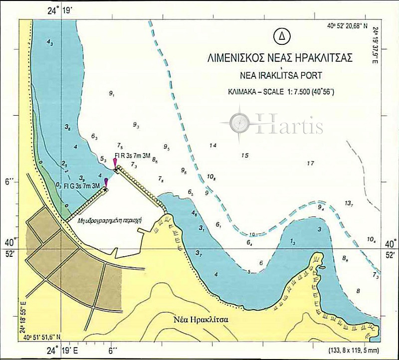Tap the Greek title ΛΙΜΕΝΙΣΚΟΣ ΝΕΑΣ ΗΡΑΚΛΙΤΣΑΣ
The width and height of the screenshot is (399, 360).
[x=280, y=58]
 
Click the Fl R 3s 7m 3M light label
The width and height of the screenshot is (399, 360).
[x=132, y=156]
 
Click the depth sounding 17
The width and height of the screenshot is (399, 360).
[x=310, y=163]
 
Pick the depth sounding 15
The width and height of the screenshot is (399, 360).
[x=244, y=156]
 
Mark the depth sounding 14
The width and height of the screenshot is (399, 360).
[x=213, y=146]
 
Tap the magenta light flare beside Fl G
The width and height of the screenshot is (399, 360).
[x=106, y=182]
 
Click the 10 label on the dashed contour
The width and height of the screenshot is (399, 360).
[x=252, y=234]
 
